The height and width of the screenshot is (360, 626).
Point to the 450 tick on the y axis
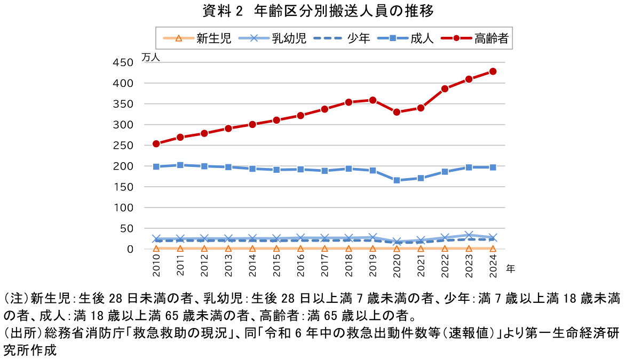(x=123, y=63)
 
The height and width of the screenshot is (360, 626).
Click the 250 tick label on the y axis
(x=123, y=146)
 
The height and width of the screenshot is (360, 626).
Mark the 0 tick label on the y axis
(x=130, y=249)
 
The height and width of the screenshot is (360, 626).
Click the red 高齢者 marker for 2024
(x=493, y=71)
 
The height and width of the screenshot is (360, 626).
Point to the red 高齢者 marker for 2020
(x=397, y=112)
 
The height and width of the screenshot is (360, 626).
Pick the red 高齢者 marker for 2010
(x=156, y=144)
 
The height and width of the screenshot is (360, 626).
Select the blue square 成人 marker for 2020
(x=397, y=180)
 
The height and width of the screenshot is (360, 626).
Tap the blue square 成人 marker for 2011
(x=180, y=165)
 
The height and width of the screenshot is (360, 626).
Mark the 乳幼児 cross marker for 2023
(x=469, y=235)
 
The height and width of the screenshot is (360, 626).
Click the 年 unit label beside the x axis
(x=510, y=268)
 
